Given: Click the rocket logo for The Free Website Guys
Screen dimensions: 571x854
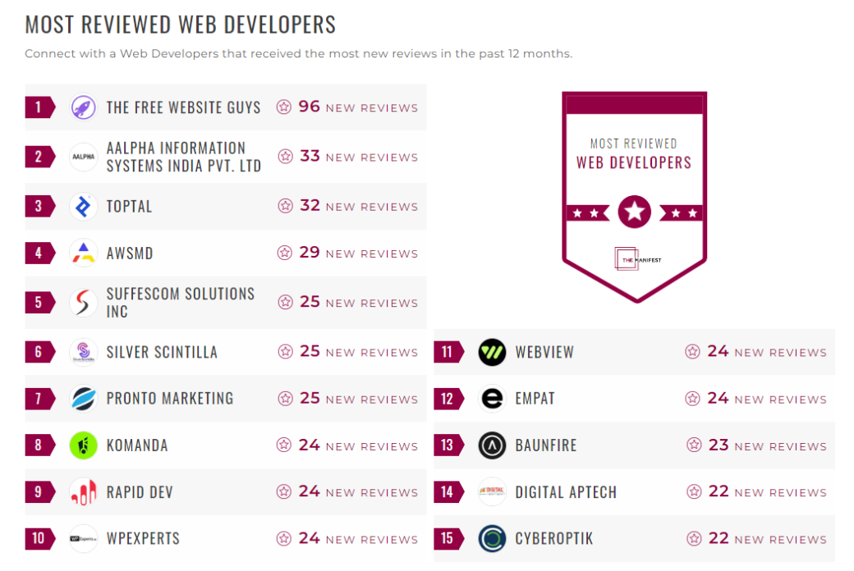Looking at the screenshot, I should click(84, 107).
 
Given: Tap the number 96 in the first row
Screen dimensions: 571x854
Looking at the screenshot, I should click(309, 107).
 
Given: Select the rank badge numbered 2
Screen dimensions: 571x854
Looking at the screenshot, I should click(39, 157).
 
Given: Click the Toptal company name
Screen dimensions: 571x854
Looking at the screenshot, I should click(129, 206).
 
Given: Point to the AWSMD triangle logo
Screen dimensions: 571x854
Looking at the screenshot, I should click(84, 253).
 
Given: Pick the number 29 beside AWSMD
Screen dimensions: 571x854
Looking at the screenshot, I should click(310, 253).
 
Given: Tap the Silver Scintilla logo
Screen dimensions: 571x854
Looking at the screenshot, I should click(84, 352).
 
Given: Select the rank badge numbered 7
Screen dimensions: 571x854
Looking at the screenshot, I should click(39, 399).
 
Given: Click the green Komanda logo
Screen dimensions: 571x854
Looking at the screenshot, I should click(84, 445).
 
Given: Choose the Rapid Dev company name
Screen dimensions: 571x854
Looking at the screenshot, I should click(140, 492).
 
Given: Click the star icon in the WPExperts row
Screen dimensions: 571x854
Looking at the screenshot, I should click(284, 539).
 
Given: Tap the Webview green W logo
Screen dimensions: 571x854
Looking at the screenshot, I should click(492, 352).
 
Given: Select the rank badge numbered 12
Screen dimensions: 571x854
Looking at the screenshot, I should click(448, 399).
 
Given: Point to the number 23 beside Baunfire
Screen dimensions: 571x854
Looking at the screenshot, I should click(719, 445).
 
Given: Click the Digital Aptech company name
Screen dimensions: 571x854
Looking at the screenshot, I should click(566, 492).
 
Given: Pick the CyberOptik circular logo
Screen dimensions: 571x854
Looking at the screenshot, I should click(492, 539).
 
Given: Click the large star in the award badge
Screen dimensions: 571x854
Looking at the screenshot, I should click(634, 212).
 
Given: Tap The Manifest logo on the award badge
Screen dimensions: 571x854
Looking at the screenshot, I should click(636, 259).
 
